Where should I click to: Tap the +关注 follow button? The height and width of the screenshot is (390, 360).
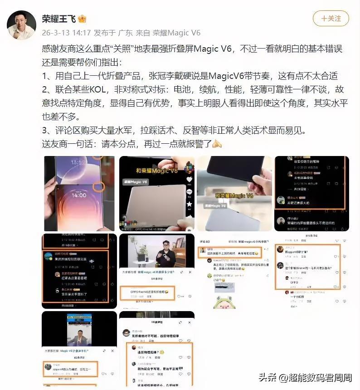click(331, 19)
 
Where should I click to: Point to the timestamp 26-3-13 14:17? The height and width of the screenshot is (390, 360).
click(66, 33)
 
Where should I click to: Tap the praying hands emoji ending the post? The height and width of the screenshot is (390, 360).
click(217, 144)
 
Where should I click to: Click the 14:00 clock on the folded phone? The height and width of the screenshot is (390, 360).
click(79, 195)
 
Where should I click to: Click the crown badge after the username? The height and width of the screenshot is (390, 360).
click(82, 19)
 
